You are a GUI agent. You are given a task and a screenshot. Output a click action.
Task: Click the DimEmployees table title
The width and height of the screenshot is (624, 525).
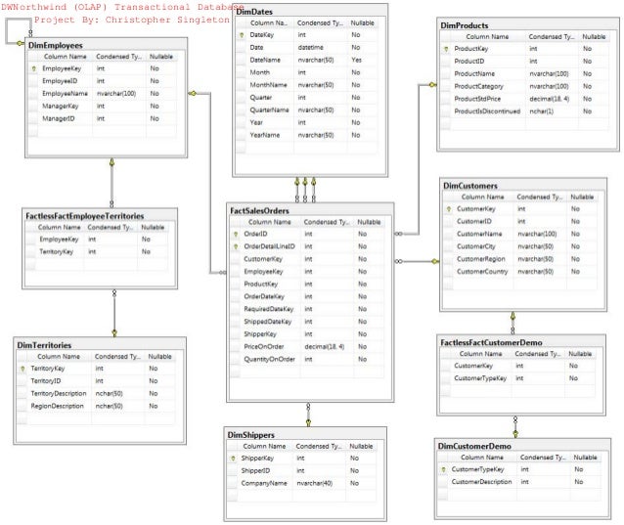pos(55,45)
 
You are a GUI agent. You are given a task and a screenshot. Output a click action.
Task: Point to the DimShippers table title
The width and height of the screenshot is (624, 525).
pos(250,433)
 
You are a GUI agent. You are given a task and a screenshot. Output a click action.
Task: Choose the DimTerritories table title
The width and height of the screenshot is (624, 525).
pos(43,345)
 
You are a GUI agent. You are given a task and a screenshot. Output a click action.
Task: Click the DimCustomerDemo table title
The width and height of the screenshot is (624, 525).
pos(474,446)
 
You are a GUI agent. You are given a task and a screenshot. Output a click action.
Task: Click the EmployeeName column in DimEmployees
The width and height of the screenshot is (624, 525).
pos(66,94)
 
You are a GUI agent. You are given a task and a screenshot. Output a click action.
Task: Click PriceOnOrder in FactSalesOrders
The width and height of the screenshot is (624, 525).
pos(264,346)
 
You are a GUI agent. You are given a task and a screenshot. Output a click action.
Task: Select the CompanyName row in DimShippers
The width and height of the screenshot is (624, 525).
pos(263,483)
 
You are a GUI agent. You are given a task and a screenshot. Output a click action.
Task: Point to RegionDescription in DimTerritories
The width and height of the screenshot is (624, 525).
pos(57,405)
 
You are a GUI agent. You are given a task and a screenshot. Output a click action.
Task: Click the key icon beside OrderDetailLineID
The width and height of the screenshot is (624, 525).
pos(235,246)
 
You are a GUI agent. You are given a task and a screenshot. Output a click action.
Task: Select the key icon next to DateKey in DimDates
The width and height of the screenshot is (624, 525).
pos(241,34)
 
